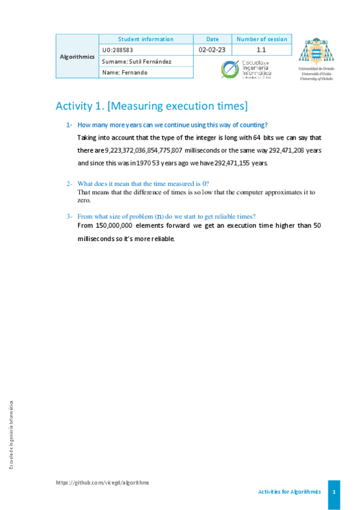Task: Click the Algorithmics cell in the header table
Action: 78,57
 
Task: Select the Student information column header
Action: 145,39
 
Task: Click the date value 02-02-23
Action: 212,50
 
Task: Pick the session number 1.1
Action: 261,50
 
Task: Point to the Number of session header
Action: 261,39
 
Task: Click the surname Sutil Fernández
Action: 138,61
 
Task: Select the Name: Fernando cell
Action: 125,72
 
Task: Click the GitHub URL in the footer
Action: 102,482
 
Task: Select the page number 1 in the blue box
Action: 334,491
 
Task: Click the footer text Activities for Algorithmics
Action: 289,491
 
